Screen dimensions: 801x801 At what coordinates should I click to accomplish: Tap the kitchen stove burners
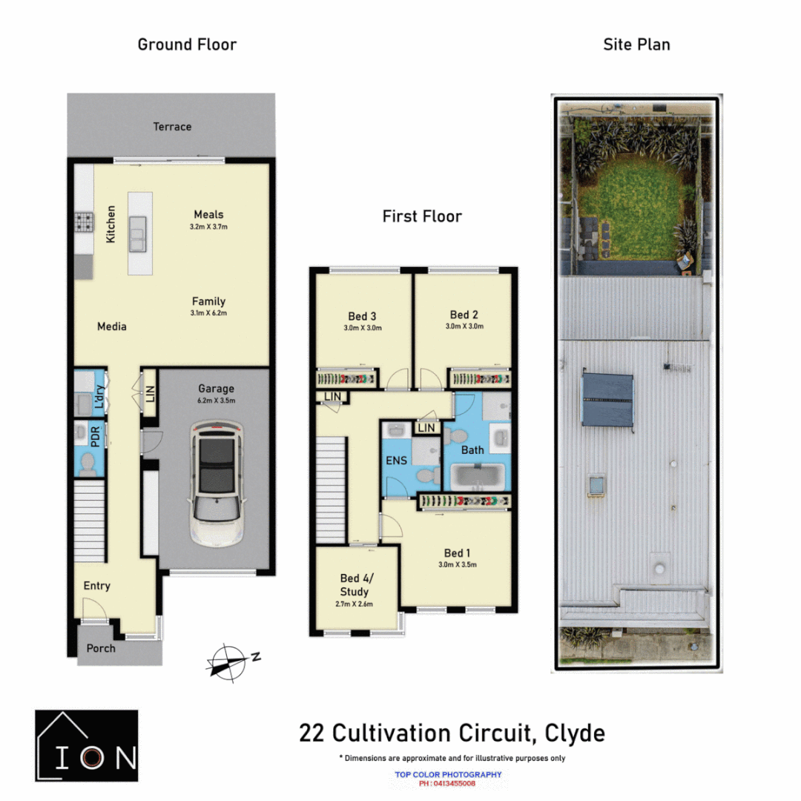[83, 221]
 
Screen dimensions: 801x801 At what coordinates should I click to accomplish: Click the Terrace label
[172, 127]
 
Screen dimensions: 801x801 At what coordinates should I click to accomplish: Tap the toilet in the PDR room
[87, 465]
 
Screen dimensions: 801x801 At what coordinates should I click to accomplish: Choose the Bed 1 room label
[458, 553]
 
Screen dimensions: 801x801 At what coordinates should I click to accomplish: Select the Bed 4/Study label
[355, 584]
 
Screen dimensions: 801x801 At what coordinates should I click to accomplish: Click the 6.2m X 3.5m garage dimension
[216, 400]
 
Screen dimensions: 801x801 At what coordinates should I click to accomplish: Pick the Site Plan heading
[636, 44]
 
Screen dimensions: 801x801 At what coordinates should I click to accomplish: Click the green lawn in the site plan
[637, 208]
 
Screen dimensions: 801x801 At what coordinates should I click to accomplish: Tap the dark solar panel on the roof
[607, 400]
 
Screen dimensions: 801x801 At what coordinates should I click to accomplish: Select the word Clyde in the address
[575, 734]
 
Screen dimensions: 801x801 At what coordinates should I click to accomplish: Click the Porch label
[101, 648]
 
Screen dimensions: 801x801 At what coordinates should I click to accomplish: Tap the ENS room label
[397, 461]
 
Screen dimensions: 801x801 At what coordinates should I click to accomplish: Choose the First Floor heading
[422, 217]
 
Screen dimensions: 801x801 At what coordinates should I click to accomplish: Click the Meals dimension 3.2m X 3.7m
[209, 226]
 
